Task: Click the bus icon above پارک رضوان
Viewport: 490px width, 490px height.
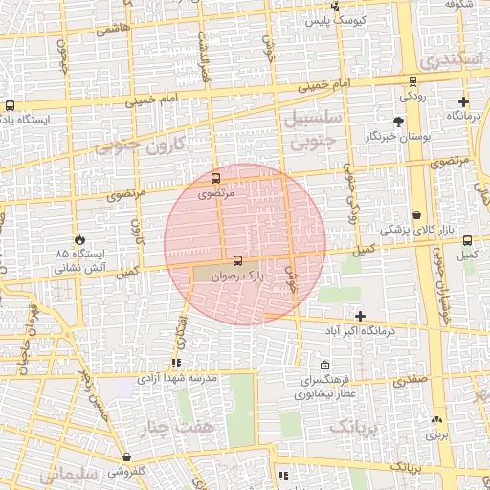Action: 237,259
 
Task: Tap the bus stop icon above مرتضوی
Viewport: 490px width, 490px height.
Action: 214,177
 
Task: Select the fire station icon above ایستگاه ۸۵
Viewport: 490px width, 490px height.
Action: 79,240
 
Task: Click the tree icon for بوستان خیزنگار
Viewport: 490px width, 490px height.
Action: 399,122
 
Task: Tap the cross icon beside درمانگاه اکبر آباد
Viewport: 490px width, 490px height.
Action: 360,316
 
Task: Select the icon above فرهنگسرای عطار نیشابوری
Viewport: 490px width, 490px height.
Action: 324,365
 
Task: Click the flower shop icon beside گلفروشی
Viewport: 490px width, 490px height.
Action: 127,457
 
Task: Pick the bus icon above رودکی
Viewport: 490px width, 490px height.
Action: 412,81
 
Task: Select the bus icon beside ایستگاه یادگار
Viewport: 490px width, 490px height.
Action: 10,105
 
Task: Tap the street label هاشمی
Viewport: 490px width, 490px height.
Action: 112,30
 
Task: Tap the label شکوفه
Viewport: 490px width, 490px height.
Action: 460,5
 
